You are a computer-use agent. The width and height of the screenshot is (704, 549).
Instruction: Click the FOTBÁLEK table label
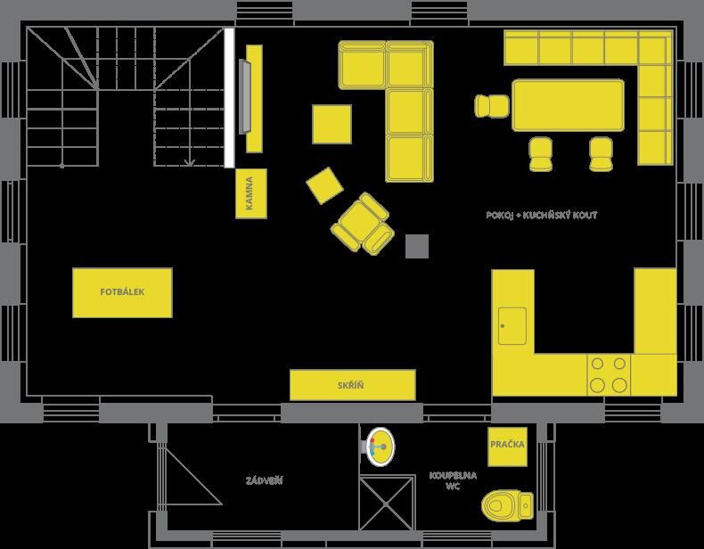(x=122, y=292)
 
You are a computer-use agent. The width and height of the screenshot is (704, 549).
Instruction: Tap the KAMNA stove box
(x=251, y=193)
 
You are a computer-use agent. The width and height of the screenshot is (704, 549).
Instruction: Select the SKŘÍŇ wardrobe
(x=353, y=385)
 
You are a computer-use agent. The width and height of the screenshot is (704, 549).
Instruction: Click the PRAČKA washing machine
(x=507, y=447)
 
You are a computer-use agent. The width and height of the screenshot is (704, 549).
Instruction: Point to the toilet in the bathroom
(x=507, y=505)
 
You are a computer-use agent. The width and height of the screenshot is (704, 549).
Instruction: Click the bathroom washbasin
(x=380, y=447)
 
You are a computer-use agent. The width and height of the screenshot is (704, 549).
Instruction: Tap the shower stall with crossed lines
(x=387, y=504)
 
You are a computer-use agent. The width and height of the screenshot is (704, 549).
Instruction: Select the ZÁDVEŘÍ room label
(x=264, y=480)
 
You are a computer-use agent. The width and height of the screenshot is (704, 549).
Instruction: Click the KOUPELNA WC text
(x=453, y=480)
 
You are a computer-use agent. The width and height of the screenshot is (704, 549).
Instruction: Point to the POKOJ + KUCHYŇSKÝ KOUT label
(x=542, y=215)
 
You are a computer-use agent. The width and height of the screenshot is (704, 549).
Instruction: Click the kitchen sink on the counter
(x=512, y=326)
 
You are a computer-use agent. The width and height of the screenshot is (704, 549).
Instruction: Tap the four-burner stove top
(x=609, y=375)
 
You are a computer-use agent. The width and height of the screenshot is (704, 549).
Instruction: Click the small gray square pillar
(x=417, y=246)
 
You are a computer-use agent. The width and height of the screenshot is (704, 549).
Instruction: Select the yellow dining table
(x=568, y=105)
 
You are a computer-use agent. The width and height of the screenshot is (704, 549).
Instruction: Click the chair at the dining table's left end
(x=492, y=106)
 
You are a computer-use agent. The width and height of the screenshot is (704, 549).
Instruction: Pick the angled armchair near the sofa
(x=364, y=224)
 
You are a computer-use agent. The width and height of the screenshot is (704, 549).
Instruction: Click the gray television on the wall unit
(x=245, y=96)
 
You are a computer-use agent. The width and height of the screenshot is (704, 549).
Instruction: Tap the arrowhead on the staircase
(x=190, y=162)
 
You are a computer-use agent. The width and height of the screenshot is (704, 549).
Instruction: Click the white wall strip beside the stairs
(x=229, y=97)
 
